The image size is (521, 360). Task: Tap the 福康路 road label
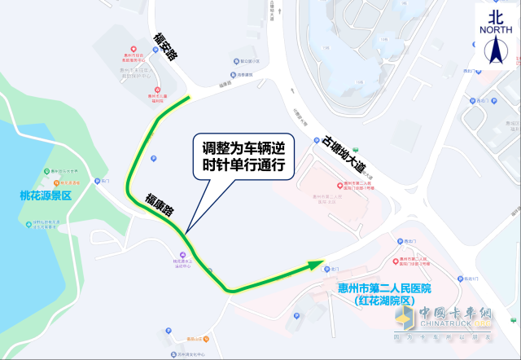coord(160,205)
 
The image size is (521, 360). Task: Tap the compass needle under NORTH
coord(496,51)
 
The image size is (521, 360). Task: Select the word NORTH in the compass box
coord(496,30)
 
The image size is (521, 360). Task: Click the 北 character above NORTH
coord(496,15)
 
